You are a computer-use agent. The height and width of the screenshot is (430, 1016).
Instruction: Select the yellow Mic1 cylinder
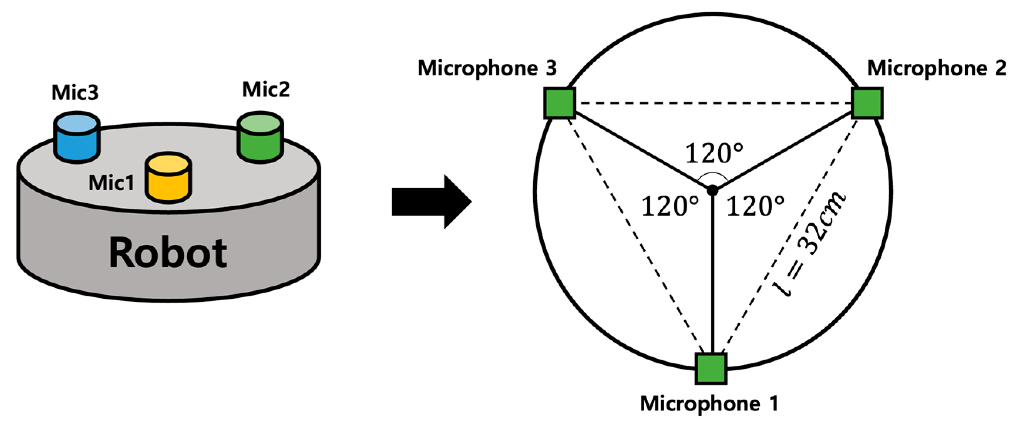pos(168,178)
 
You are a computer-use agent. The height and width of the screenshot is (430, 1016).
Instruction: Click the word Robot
pos(168,253)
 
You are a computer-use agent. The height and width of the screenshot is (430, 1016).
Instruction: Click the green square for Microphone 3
pos(559,103)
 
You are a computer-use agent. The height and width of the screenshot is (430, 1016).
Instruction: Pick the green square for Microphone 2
pos(867,103)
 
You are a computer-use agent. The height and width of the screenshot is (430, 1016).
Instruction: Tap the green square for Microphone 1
pos(711,368)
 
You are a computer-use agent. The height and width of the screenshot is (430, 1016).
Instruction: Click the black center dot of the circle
pos(712,190)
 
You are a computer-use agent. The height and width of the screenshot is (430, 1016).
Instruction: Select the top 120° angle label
pos(714,154)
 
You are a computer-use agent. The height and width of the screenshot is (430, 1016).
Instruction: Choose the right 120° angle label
pos(755,206)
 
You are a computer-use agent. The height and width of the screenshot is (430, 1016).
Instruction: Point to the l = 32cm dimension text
pos(809,244)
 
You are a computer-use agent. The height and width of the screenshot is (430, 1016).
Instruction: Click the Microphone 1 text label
pos(709,403)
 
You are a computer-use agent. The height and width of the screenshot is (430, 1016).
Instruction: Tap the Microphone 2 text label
pos(936,68)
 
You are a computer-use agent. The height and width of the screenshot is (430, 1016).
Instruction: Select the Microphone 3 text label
pos(487,68)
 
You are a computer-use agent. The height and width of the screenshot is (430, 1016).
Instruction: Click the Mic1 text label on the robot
pos(111,183)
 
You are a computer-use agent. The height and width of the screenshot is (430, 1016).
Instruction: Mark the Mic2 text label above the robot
pos(266,89)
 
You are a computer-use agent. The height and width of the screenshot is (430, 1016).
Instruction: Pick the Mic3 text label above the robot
pos(75,93)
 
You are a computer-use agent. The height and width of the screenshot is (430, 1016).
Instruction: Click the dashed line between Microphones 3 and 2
pos(713,103)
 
